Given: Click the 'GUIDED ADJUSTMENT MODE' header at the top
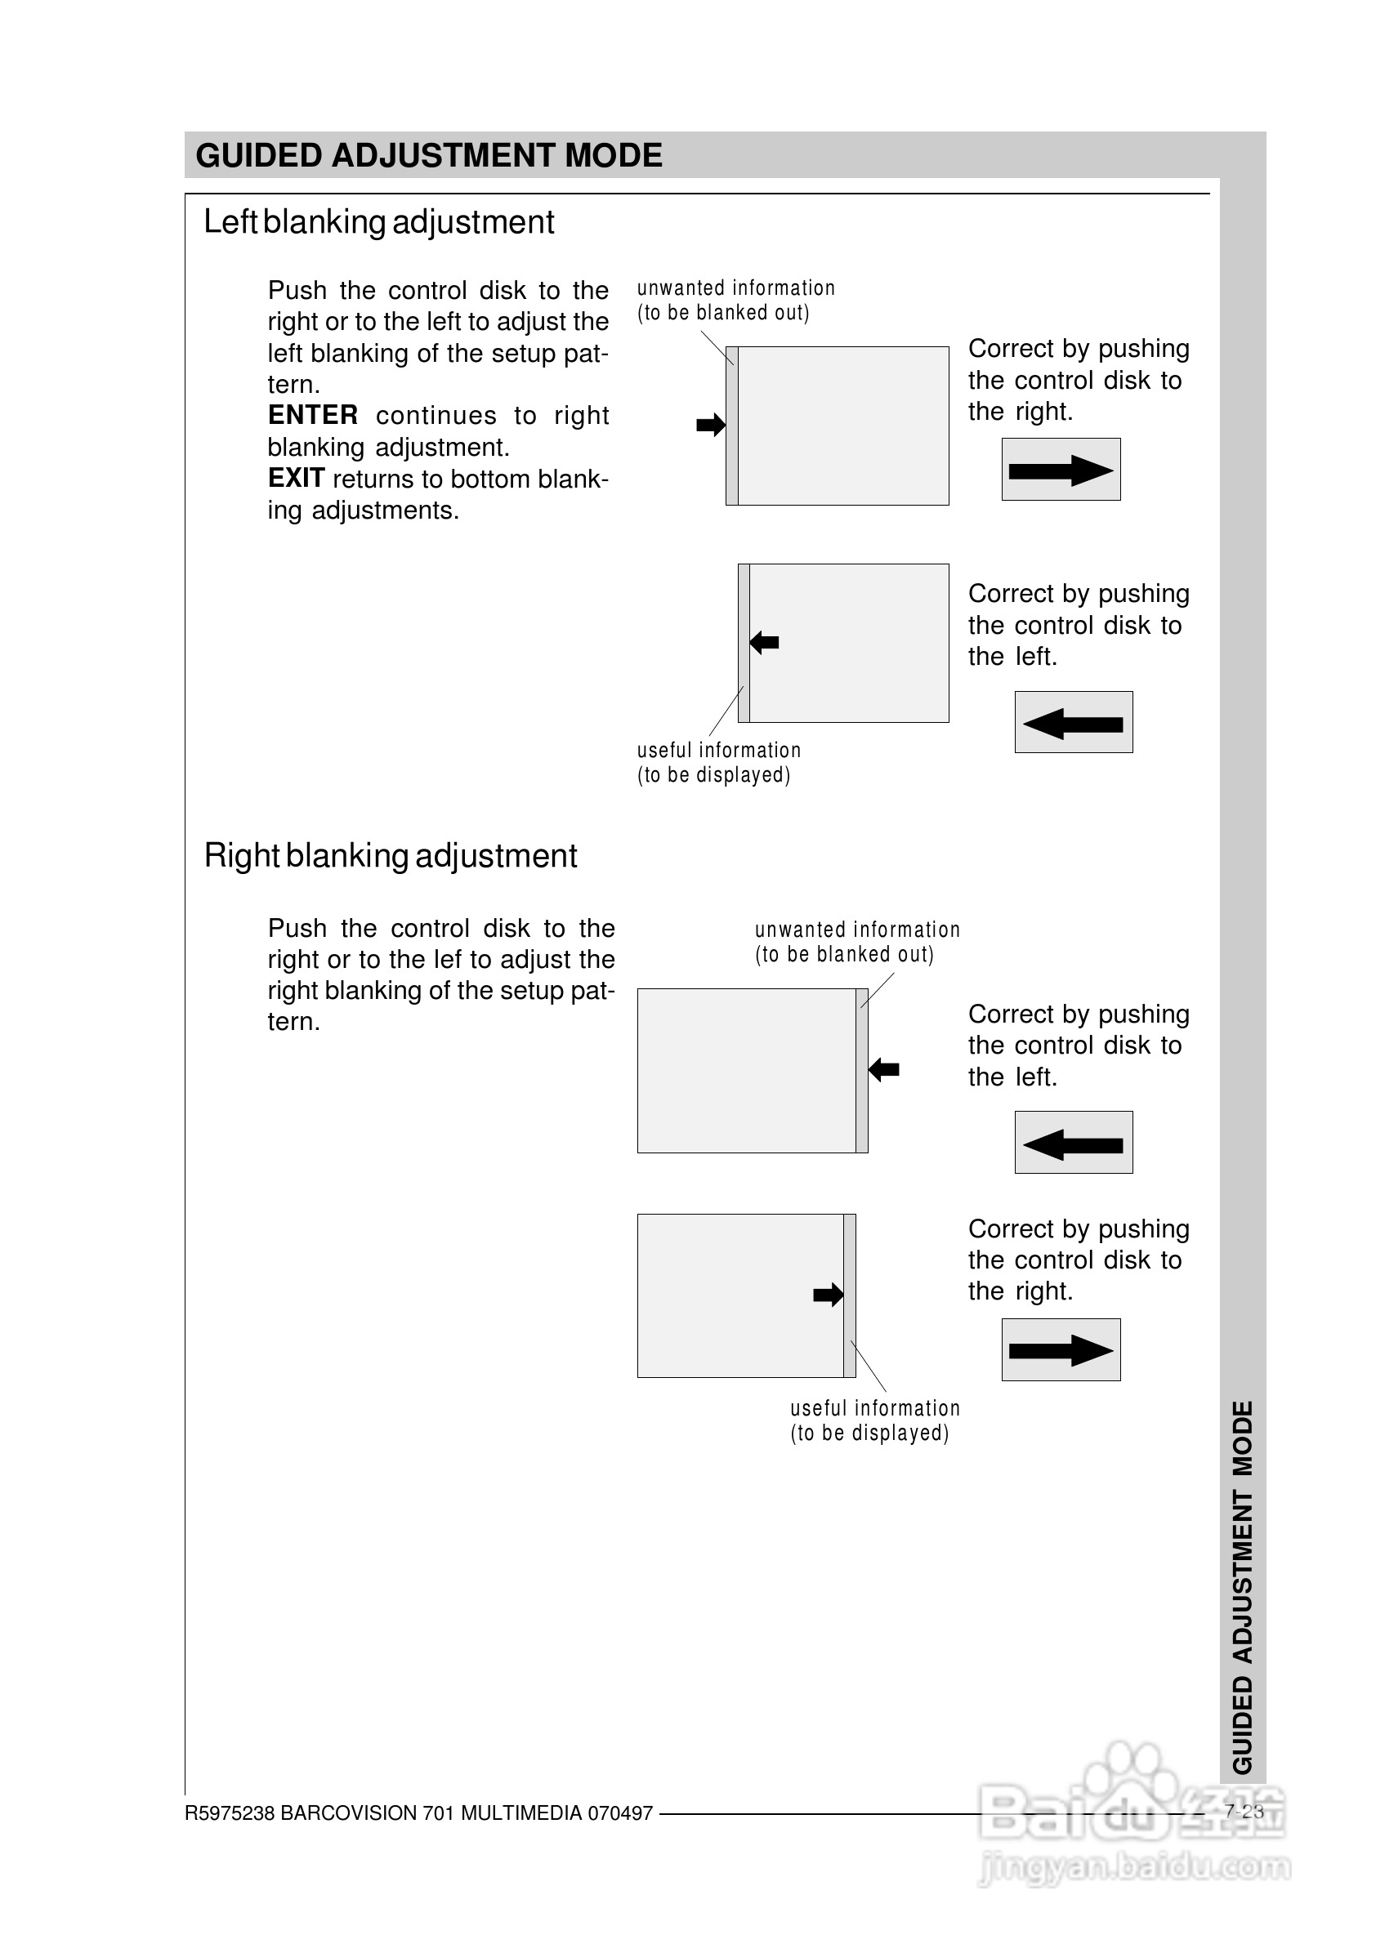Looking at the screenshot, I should pos(429,156).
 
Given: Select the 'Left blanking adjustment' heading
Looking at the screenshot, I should pos(379,223).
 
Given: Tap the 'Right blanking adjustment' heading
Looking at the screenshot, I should pos(391,856).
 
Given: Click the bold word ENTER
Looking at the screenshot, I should pos(313,415).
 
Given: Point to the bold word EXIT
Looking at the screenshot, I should pos(296,479).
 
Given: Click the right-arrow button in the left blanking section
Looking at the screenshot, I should pos(1061,470).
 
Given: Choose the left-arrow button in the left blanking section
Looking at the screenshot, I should pos(1074,723).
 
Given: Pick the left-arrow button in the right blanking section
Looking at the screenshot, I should pos(1074,1143).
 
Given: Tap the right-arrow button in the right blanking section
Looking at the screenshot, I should pos(1061,1350).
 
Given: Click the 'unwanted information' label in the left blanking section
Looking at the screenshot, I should pos(735,289).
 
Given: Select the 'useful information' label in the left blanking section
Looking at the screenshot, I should pos(718,751).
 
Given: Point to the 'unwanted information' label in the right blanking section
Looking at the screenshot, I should pos(857,930).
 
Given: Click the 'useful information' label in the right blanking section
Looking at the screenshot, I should pos(875,1409).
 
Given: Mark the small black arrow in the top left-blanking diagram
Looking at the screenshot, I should pos(711,425).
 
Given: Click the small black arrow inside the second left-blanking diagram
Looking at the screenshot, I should pos(764,642).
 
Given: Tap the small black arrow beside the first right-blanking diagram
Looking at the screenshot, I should pos(884,1070).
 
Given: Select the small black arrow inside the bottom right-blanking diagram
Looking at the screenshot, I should pos(828,1295).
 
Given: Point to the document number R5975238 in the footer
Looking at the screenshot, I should pos(230,1813).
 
